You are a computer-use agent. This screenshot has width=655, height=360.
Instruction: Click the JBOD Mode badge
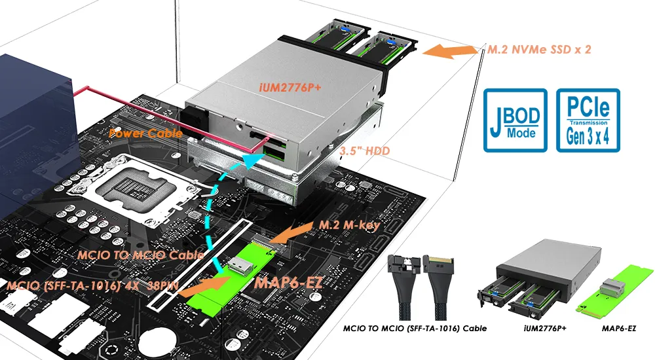(x=514, y=120)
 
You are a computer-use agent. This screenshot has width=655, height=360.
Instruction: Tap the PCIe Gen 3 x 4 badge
(x=587, y=120)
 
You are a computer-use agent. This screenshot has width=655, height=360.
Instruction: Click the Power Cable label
(x=145, y=134)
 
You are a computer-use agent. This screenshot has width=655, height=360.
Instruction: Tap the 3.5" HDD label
(x=365, y=151)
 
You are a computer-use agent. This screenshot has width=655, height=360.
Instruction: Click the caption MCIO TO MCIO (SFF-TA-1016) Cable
(x=415, y=328)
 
